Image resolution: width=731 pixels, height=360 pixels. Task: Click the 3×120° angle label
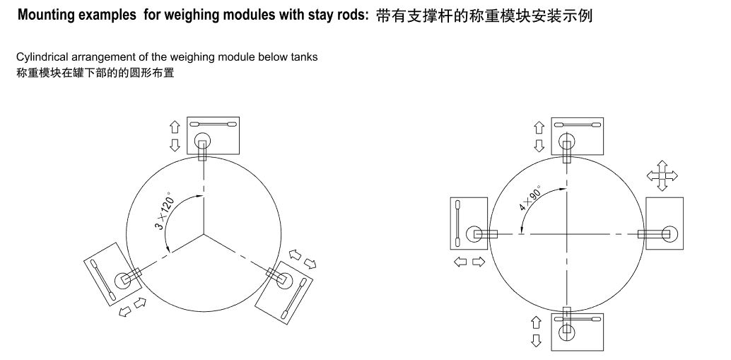click(x=165, y=210)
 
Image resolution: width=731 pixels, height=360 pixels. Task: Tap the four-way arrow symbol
click(x=661, y=175)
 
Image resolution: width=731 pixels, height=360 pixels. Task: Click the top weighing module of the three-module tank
click(x=214, y=135)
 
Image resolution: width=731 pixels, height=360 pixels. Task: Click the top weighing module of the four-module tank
click(x=577, y=135)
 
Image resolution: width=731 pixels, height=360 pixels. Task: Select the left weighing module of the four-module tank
click(x=469, y=223)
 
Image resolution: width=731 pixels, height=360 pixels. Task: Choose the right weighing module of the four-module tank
click(x=665, y=223)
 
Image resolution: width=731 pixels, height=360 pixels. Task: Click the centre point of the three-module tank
click(x=204, y=233)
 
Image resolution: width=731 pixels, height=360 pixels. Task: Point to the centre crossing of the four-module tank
click(x=566, y=234)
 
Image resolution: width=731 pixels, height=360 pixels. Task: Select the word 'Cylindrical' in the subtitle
click(x=41, y=57)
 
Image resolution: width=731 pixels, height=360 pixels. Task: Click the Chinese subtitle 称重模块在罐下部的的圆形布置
click(x=95, y=72)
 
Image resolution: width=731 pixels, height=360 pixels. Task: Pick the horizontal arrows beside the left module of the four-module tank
click(x=469, y=262)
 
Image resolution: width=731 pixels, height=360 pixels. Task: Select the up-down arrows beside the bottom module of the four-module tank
click(x=537, y=331)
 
